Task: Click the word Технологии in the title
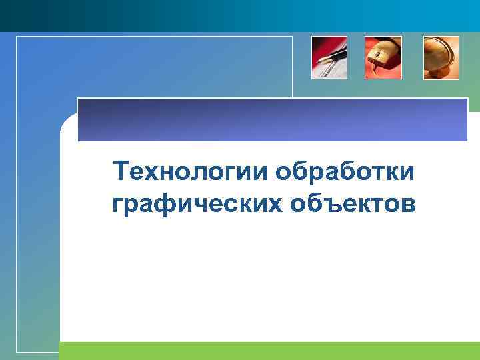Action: (191, 172)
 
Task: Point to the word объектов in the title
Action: (353, 203)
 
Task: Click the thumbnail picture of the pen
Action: (329, 58)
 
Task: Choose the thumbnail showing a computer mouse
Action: (383, 58)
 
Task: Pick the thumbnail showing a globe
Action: (441, 58)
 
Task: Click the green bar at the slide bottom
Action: (267, 351)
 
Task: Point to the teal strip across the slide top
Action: (240, 15)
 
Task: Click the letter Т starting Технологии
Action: (120, 171)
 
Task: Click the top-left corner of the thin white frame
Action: (17, 37)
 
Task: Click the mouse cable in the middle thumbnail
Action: (376, 67)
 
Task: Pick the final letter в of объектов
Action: (409, 204)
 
